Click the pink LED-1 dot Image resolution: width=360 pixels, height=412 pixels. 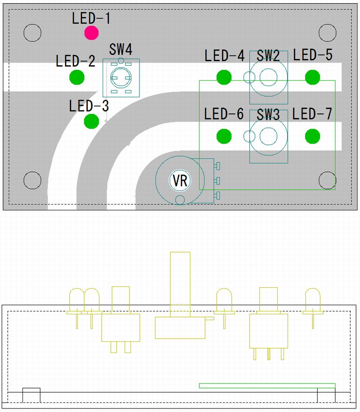tap(91, 32)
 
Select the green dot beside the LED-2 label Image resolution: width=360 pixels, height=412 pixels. tap(77, 77)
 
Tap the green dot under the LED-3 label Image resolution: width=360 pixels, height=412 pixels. tap(91, 121)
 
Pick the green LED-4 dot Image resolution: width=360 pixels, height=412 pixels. tap(224, 77)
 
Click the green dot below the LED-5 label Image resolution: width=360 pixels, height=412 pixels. tap(312, 77)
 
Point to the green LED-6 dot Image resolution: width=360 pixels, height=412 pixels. tap(224, 136)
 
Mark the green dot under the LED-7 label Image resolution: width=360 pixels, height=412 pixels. tap(312, 136)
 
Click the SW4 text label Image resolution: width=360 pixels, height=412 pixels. tap(121, 50)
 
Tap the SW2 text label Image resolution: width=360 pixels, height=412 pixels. tap(268, 56)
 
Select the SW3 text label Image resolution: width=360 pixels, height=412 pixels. tap(268, 114)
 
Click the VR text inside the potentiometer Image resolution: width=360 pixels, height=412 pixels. tap(180, 181)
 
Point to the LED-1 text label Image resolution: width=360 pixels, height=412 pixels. tap(91, 18)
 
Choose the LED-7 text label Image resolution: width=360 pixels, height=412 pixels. tap(312, 114)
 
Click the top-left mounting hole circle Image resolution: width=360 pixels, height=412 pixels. tap(32, 32)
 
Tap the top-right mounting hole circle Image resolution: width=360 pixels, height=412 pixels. tap(327, 32)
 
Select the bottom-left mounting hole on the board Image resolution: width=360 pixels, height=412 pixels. tap(32, 180)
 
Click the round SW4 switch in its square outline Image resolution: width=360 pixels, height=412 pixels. tap(121, 78)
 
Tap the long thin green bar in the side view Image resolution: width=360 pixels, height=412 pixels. tap(267, 385)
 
